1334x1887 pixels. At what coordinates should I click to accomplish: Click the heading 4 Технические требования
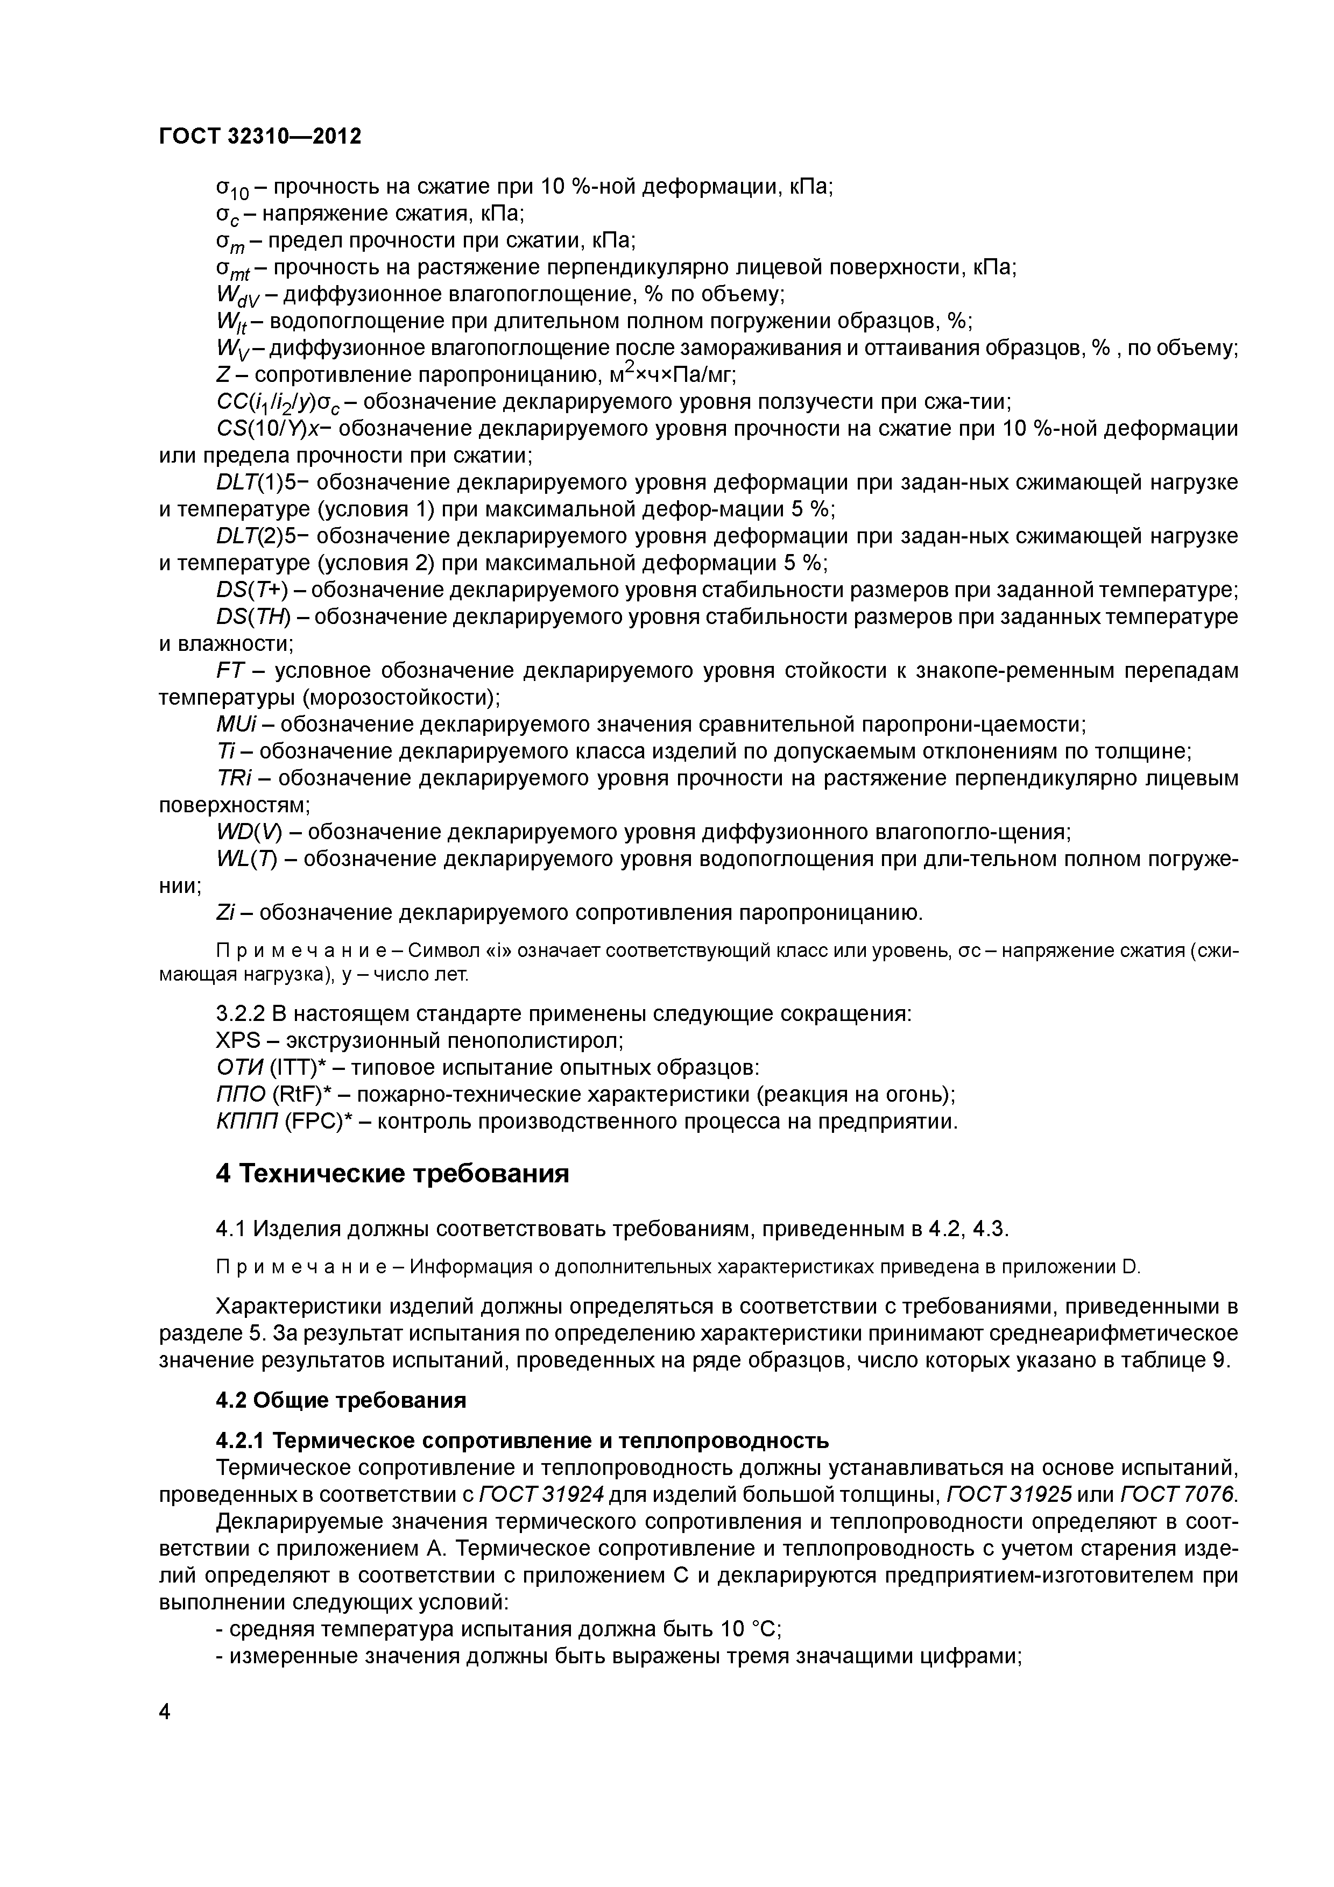(x=392, y=1174)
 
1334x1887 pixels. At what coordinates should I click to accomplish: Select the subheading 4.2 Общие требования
(x=340, y=1400)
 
